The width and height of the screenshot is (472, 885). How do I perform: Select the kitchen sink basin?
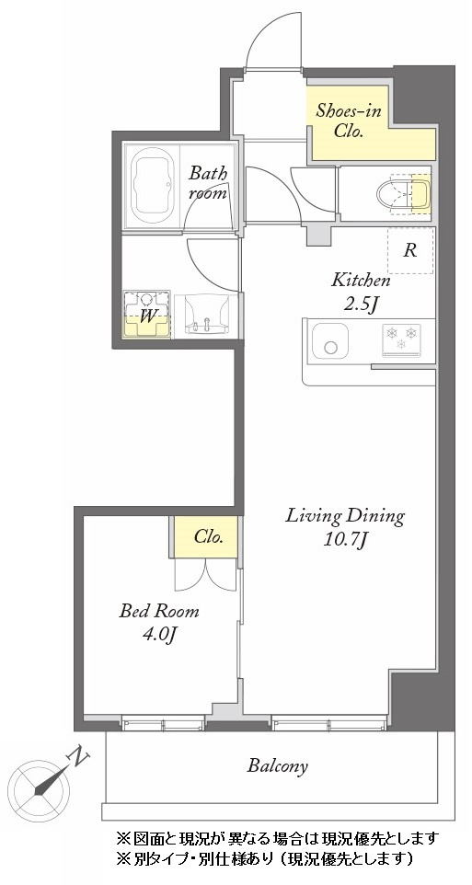pyautogui.click(x=330, y=340)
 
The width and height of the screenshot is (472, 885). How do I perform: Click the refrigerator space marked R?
pyautogui.click(x=410, y=250)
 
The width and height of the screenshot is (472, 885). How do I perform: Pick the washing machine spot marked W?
pyautogui.click(x=147, y=315)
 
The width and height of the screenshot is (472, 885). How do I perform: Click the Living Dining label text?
pyautogui.click(x=345, y=516)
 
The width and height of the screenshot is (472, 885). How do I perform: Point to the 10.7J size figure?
pyautogui.click(x=346, y=541)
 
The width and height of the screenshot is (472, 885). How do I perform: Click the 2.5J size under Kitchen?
pyautogui.click(x=361, y=303)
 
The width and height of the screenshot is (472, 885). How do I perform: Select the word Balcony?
pyautogui.click(x=278, y=766)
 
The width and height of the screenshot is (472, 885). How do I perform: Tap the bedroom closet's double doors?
pyautogui.click(x=205, y=575)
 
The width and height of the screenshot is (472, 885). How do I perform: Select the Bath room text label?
pyautogui.click(x=208, y=182)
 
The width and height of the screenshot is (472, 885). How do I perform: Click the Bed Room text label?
pyautogui.click(x=158, y=611)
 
